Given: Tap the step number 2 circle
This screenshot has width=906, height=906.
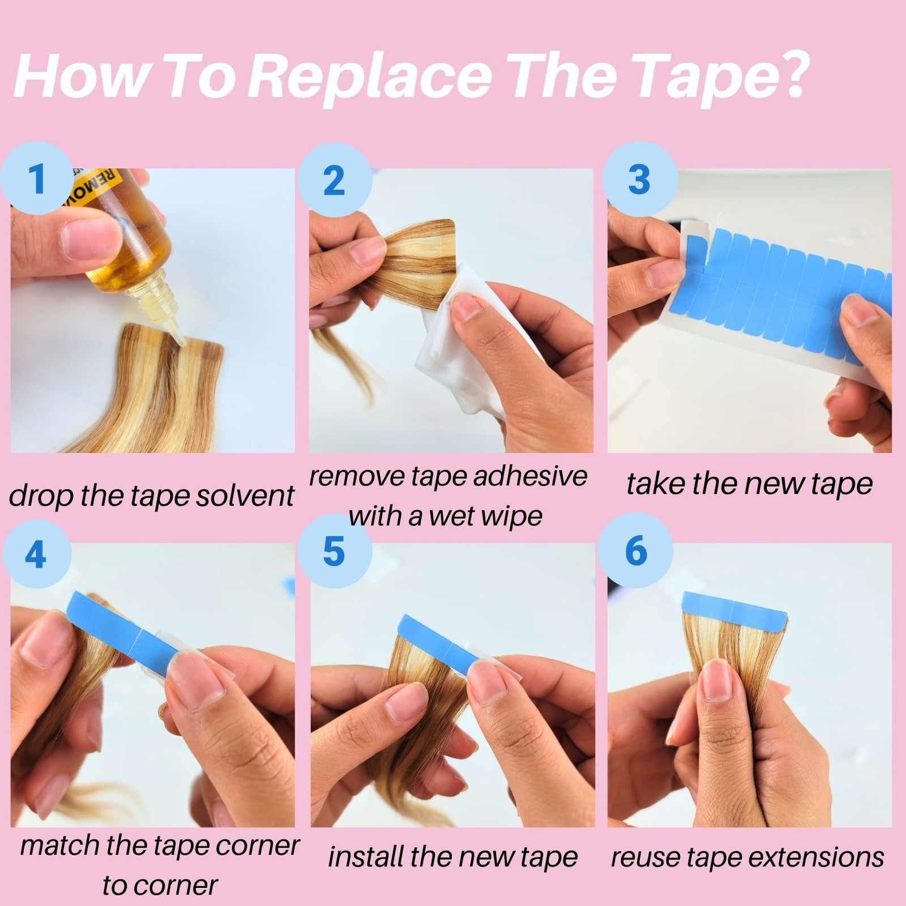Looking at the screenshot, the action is [335, 180].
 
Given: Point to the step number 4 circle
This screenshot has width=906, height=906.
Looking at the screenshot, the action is [36, 554].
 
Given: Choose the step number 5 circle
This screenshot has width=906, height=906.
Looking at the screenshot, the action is [335, 551].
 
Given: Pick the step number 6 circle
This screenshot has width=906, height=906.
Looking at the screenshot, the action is [636, 550].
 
